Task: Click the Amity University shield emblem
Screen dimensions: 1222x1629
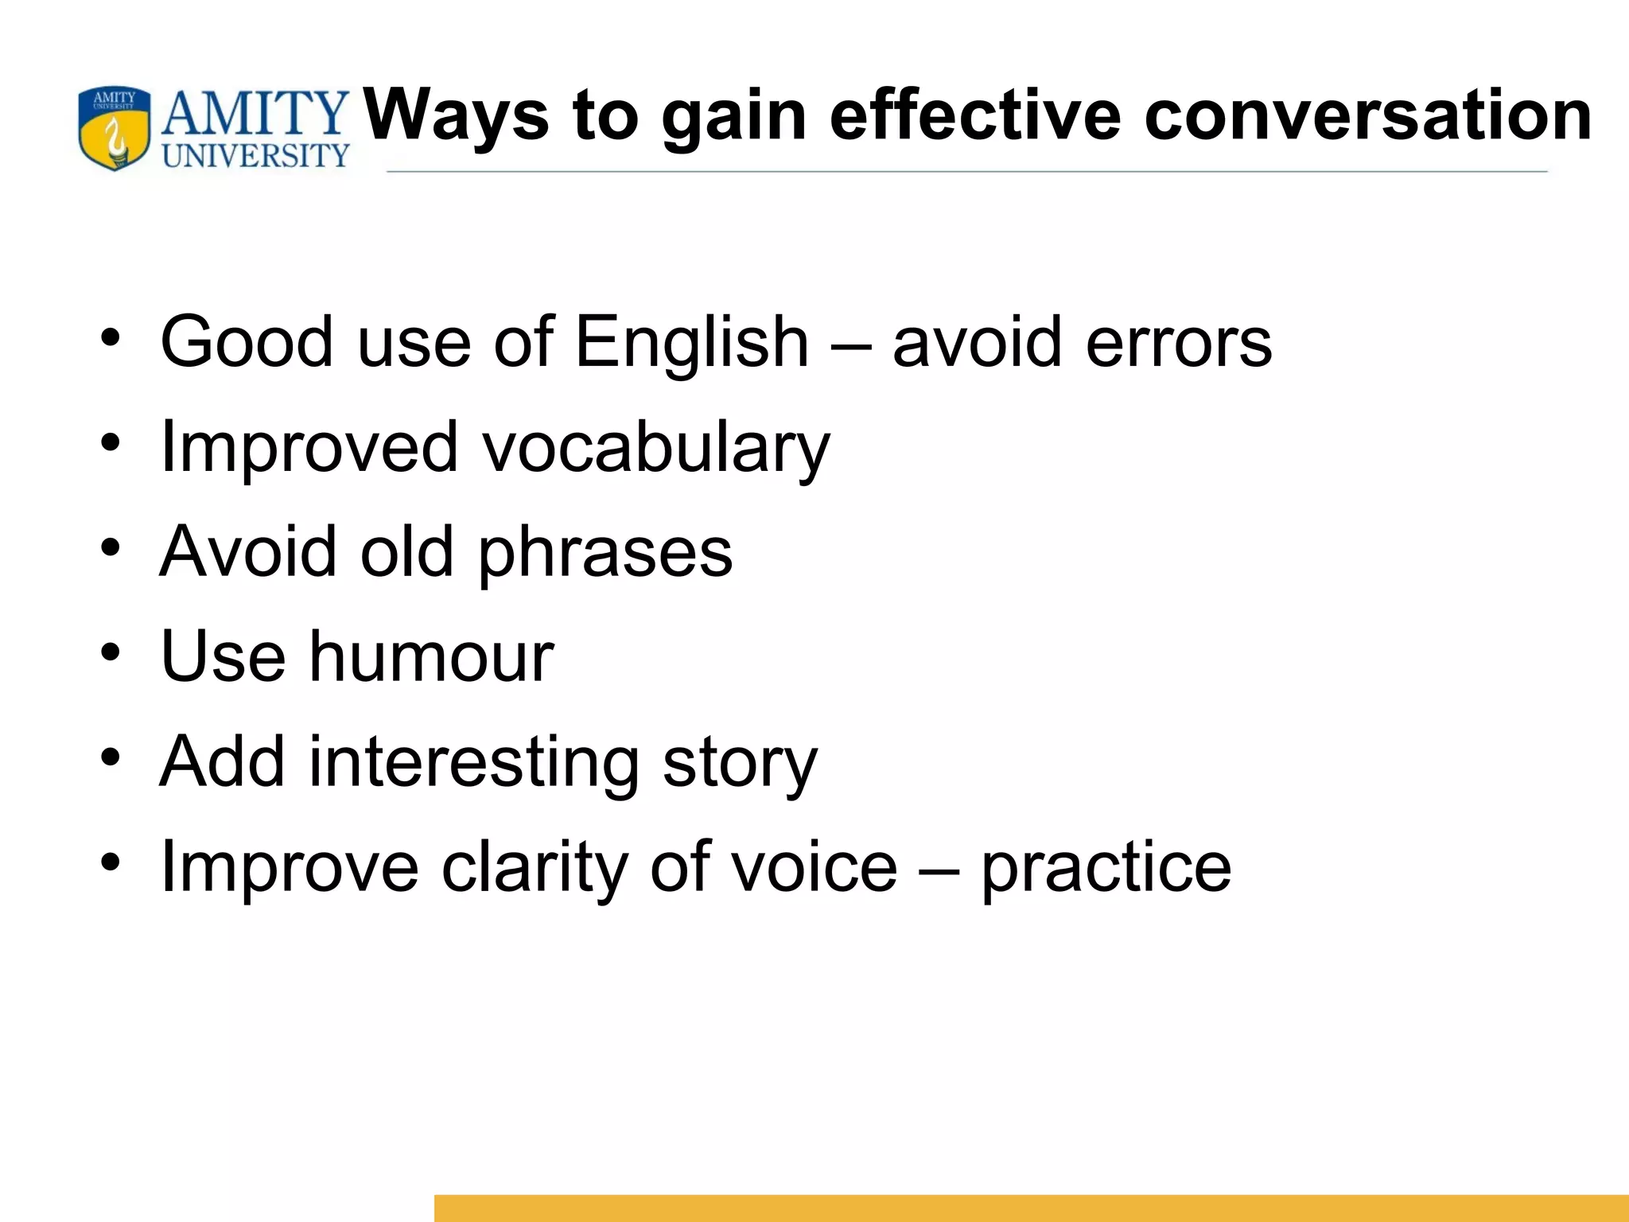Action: point(115,129)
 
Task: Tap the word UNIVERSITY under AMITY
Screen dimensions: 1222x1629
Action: point(255,156)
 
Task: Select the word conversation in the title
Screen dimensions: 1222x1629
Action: point(1368,116)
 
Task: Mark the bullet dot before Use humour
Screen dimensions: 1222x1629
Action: point(111,653)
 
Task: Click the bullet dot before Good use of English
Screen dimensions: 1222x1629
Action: point(111,338)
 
